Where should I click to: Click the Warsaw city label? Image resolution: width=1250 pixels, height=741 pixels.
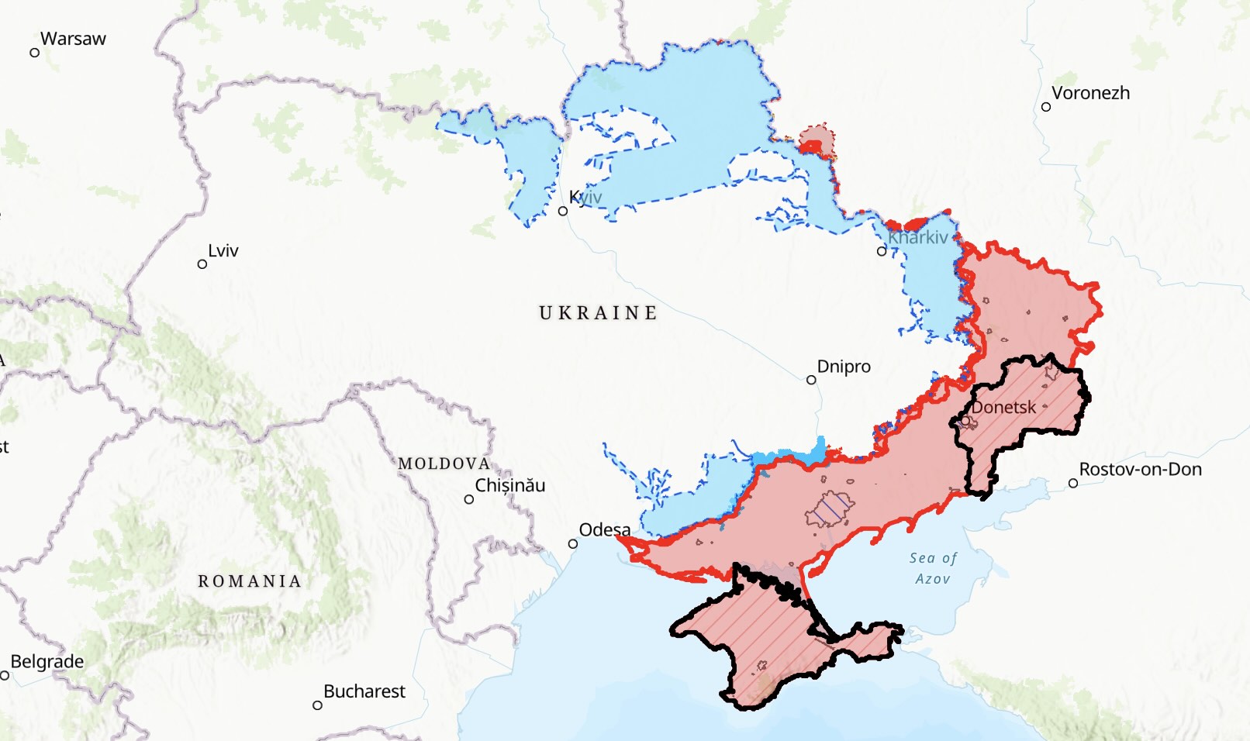pos(73,39)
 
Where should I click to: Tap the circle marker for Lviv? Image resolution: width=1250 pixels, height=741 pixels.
pos(202,264)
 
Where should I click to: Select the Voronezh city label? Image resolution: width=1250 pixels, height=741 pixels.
pos(1090,93)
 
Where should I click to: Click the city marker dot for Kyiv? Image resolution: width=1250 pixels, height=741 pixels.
pos(563,211)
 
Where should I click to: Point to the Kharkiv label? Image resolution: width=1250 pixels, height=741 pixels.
pos(918,237)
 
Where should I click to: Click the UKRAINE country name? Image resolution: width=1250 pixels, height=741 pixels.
pos(598,313)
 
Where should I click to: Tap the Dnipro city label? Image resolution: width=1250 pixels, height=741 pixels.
pos(844,367)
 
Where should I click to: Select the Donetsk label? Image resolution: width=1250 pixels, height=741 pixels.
pos(1003,408)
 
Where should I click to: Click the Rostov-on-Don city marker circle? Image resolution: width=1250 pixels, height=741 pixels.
pos(1073,483)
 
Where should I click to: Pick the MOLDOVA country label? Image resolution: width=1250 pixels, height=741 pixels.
pos(444,464)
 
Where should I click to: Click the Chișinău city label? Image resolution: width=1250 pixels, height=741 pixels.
pos(509,486)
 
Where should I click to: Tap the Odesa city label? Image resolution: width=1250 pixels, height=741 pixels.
pos(605,530)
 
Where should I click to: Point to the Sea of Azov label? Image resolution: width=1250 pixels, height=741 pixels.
pos(933,568)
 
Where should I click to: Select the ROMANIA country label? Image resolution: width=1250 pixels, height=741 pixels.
pos(250,581)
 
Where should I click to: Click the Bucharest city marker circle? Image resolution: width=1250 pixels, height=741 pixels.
pos(317,705)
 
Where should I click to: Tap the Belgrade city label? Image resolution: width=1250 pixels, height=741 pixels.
pos(47,662)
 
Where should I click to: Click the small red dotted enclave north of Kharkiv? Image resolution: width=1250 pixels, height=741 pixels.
pos(817,140)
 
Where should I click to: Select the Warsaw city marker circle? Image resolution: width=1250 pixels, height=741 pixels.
pos(35,53)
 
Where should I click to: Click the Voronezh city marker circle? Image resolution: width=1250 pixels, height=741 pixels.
pos(1046,107)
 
